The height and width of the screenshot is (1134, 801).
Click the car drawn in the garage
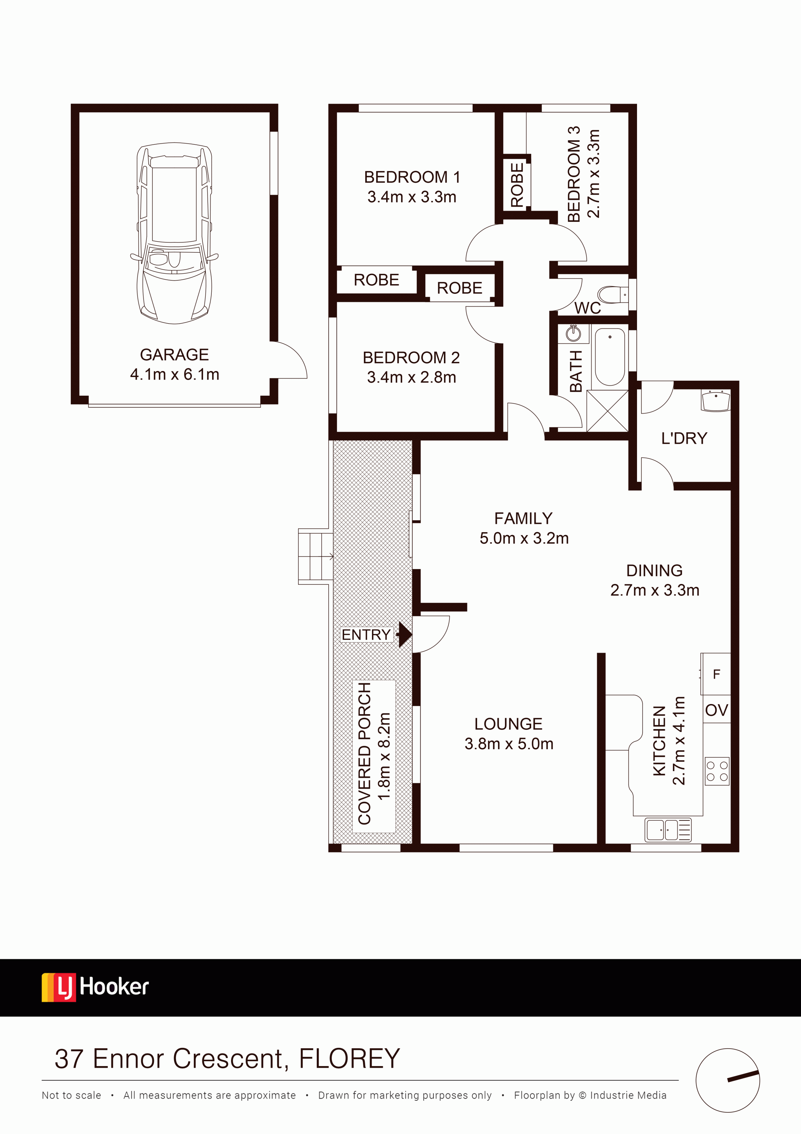(174, 233)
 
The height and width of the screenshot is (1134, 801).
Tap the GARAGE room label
(174, 355)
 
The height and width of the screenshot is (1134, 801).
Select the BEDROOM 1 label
(412, 177)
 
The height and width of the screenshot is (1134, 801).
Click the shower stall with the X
(608, 411)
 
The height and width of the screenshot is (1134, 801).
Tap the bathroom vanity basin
(574, 334)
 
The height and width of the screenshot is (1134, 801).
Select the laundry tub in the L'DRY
(716, 400)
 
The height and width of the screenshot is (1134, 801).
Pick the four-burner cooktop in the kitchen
(717, 771)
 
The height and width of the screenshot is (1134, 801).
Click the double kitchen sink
(668, 830)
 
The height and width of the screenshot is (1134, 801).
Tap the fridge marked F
(716, 674)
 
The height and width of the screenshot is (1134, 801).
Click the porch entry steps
(315, 557)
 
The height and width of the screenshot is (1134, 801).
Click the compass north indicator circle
(728, 1081)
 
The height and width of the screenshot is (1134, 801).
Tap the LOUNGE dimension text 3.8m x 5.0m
(509, 744)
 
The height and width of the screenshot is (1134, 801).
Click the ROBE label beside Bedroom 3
(517, 185)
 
